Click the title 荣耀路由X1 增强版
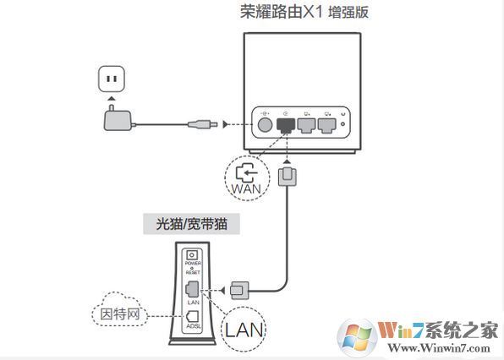(305, 13)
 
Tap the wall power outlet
(111, 81)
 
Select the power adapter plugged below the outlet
(115, 121)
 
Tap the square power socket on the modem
(193, 255)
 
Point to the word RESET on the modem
(193, 275)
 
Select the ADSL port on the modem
(193, 318)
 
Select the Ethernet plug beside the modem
(238, 290)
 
